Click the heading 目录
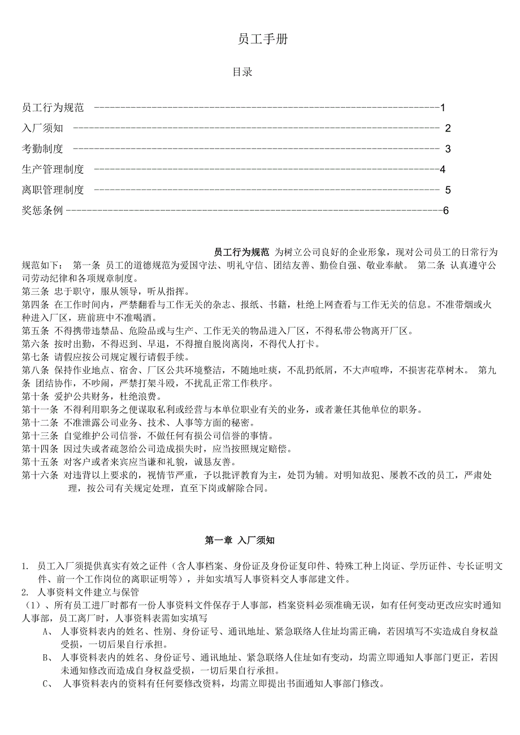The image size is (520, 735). [242, 72]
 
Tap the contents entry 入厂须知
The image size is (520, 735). [42, 128]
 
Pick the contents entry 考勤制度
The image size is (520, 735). [42, 149]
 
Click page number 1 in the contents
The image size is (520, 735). [443, 107]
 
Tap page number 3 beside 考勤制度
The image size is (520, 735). [448, 149]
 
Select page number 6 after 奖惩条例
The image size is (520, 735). [445, 211]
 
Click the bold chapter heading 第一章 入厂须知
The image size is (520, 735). [240, 541]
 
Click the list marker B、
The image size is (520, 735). [47, 658]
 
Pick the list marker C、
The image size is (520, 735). [47, 684]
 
